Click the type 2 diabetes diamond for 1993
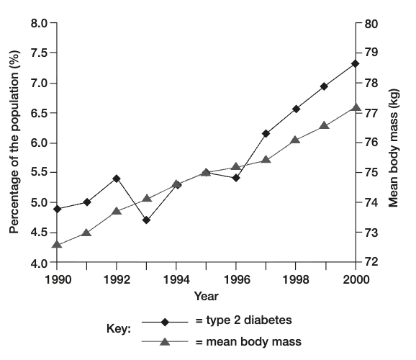(x=147, y=220)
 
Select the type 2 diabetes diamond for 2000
(x=355, y=63)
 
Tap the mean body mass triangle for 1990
(x=57, y=245)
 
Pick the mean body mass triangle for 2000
(x=355, y=107)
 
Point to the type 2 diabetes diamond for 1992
(x=117, y=178)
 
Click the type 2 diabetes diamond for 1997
(x=266, y=133)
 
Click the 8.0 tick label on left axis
(x=38, y=23)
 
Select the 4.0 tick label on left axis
(x=38, y=263)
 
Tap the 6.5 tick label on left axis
(x=38, y=113)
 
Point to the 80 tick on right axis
(x=371, y=23)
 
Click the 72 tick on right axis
(x=371, y=263)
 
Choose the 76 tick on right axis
(x=371, y=143)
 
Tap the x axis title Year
(x=206, y=296)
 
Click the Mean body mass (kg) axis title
(x=394, y=143)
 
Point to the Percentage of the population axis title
(x=13, y=143)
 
